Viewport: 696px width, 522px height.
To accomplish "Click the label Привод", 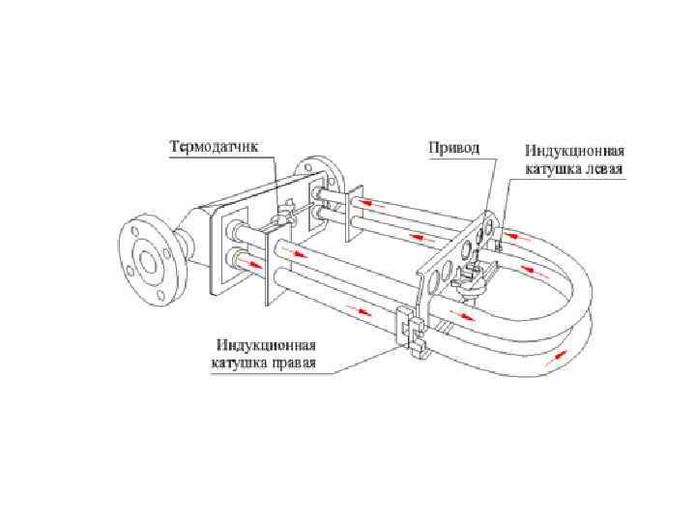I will click(x=454, y=149).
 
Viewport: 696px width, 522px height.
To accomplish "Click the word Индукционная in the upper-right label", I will click(x=576, y=152).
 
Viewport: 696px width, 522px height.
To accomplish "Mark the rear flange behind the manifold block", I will click(x=329, y=179).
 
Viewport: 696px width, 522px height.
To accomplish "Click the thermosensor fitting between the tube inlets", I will click(x=286, y=216).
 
